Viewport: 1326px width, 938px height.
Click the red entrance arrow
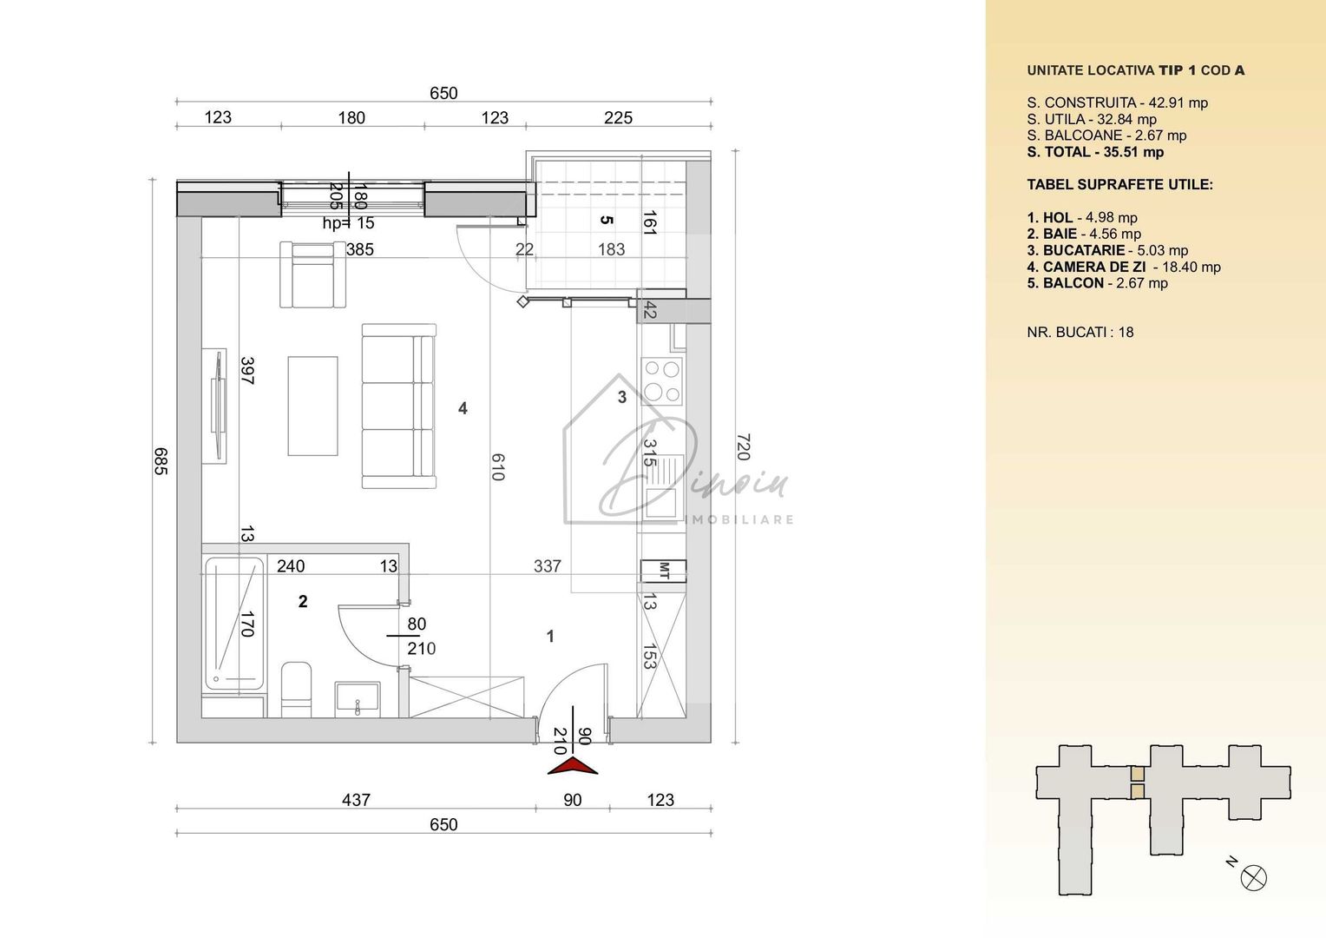(573, 765)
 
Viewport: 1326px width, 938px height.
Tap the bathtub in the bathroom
(233, 624)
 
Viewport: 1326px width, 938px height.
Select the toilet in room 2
(297, 690)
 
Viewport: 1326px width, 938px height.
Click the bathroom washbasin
(358, 698)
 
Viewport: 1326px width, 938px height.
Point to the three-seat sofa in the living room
(398, 406)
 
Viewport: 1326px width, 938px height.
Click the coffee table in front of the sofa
(312, 406)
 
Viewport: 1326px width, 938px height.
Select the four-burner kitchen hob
(661, 381)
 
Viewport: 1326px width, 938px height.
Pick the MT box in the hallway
(663, 571)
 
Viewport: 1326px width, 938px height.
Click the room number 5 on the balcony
(607, 220)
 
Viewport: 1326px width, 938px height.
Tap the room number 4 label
(463, 408)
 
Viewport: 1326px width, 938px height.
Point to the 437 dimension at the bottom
(356, 800)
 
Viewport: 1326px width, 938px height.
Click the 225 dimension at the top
(618, 117)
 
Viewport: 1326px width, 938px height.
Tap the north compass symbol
(1254, 877)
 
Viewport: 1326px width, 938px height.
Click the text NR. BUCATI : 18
(1080, 332)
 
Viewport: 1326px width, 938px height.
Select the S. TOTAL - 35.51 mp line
(1095, 152)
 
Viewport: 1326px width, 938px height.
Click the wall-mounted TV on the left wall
(215, 406)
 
